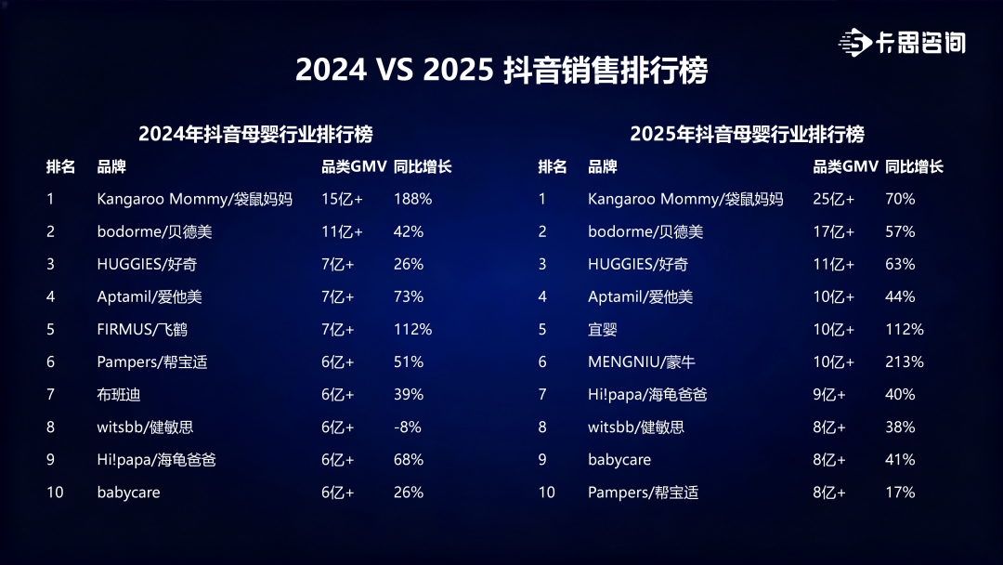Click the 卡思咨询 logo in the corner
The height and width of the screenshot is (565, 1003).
(902, 43)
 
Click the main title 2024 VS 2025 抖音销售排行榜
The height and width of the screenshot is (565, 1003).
(501, 70)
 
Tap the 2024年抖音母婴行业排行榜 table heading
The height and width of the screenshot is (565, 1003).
(255, 134)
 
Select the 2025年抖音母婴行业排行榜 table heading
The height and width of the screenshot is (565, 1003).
(747, 134)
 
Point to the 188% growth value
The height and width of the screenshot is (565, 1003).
(412, 199)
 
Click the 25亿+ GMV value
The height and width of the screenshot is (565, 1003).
(833, 199)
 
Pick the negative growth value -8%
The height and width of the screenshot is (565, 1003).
(408, 427)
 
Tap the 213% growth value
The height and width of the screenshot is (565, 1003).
(905, 361)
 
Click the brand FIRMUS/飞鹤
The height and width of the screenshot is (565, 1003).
(142, 329)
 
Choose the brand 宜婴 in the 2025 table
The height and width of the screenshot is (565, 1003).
(603, 329)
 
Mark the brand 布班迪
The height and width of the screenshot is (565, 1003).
(118, 394)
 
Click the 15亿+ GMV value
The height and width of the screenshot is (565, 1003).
(342, 199)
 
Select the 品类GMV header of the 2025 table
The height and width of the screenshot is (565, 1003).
(845, 166)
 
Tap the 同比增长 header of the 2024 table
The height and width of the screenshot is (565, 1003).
(423, 166)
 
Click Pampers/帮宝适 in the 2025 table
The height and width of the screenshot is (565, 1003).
(643, 493)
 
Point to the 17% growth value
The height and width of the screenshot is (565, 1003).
(900, 493)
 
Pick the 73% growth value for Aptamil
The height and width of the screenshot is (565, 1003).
(408, 296)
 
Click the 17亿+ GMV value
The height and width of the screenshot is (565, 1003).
(833, 231)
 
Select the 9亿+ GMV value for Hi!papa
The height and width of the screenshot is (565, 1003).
(829, 394)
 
